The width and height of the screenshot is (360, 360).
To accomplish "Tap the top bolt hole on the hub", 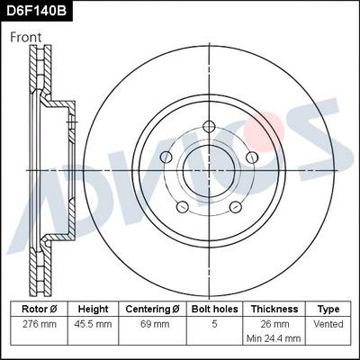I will click(x=208, y=126).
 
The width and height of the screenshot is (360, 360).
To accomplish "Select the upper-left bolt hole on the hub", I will click(x=166, y=157).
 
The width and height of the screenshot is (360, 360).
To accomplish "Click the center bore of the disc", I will click(x=208, y=170).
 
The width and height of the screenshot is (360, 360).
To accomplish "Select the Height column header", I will click(x=94, y=308).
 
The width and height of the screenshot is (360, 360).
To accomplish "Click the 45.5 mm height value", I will click(x=94, y=322).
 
